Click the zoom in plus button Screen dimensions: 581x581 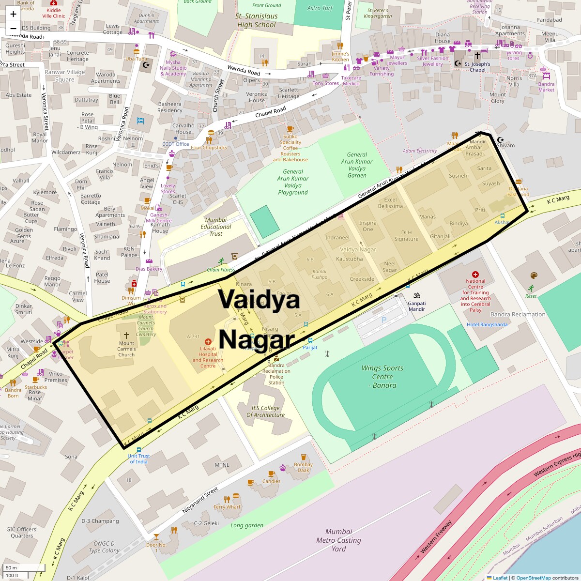(x=13, y=14)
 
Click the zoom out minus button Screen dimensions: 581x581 (x=13, y=29)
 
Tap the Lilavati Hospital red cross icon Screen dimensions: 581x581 (x=208, y=341)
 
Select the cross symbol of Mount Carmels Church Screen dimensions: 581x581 (x=126, y=335)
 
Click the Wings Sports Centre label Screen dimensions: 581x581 (x=382, y=377)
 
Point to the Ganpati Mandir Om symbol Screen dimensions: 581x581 (x=417, y=295)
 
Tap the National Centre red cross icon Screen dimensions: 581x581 (x=475, y=274)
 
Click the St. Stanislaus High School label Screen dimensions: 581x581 (x=257, y=20)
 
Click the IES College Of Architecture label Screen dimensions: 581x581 (x=265, y=412)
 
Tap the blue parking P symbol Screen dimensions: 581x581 (x=384, y=320)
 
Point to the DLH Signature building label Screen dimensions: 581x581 (x=406, y=236)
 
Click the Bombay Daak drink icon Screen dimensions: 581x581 (x=304, y=457)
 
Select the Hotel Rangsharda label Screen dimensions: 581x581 (x=487, y=324)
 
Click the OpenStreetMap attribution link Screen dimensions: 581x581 (x=533, y=578)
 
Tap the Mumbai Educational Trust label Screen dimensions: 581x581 (x=216, y=227)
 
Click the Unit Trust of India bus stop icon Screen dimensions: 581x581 (x=139, y=450)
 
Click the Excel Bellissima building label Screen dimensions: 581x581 (x=390, y=203)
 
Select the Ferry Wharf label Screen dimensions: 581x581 (x=227, y=507)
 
